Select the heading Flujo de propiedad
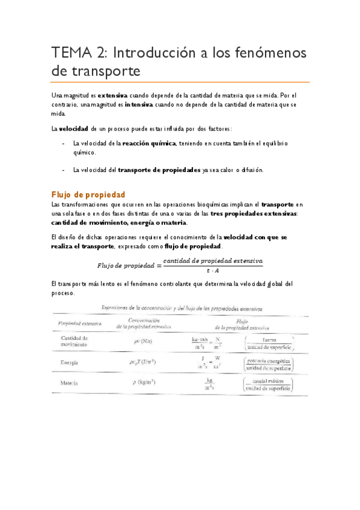coord(88,194)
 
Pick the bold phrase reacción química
coord(148,144)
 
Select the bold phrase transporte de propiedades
coord(159,170)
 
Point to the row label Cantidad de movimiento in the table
coord(75,341)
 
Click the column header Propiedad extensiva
coord(79,323)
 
